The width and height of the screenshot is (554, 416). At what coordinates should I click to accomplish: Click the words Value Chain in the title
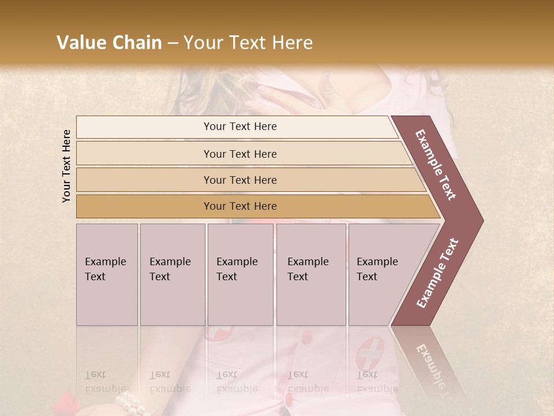point(109,43)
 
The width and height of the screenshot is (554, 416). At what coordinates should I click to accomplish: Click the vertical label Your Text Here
point(66,166)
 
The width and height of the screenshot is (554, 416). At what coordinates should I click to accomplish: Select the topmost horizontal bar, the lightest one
point(237,127)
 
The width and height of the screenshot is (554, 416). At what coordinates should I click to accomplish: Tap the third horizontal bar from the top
point(248,180)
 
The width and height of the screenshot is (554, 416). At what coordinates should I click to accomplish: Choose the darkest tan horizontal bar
point(254,206)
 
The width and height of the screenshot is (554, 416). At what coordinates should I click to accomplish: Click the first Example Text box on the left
point(107,274)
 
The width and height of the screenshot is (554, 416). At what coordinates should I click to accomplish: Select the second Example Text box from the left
point(173,274)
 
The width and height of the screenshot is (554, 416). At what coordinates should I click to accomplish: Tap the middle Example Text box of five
point(240,274)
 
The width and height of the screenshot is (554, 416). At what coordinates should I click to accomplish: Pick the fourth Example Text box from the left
point(311,274)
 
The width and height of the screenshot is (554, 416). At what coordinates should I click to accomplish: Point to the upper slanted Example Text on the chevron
point(436,165)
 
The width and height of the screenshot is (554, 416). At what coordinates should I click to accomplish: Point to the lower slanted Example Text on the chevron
point(437,273)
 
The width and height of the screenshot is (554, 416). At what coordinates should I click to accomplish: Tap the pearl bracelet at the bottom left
point(131,404)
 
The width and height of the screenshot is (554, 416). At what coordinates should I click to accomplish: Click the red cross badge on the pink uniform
point(370,354)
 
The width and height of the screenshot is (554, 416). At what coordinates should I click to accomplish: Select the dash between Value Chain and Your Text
point(172,43)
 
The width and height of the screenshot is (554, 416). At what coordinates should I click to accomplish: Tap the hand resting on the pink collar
point(271,98)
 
